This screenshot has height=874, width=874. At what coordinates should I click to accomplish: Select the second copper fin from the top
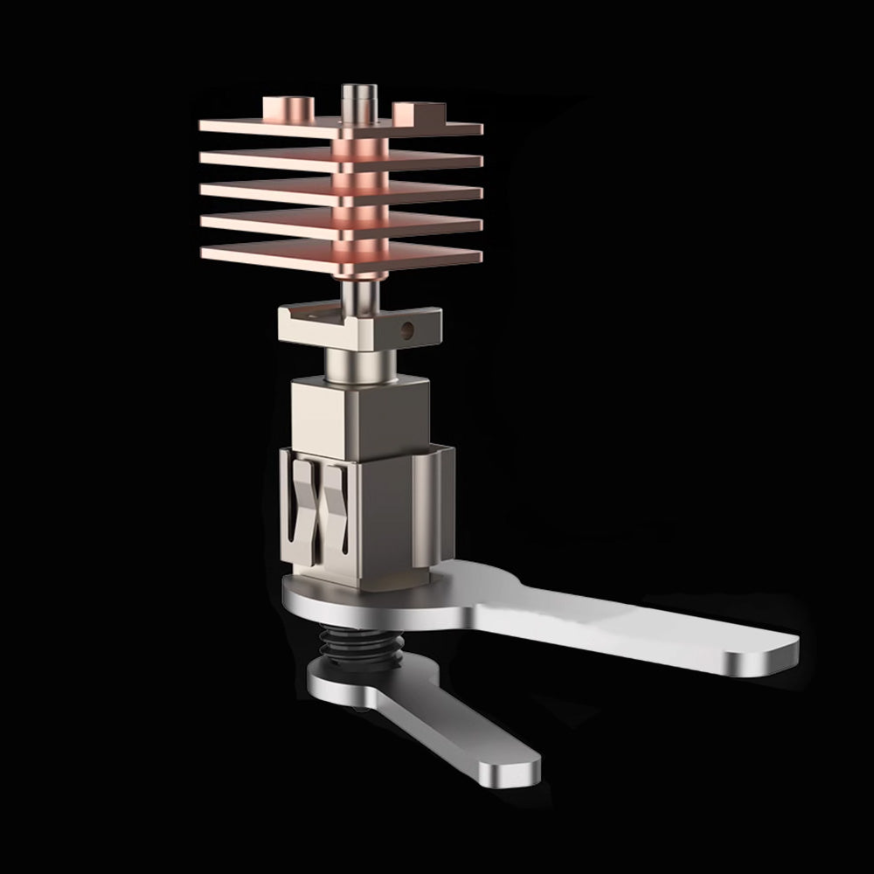[x=262, y=158]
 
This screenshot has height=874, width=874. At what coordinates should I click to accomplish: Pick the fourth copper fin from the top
[x=262, y=221]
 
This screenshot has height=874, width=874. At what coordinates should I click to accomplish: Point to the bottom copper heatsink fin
[x=262, y=253]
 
